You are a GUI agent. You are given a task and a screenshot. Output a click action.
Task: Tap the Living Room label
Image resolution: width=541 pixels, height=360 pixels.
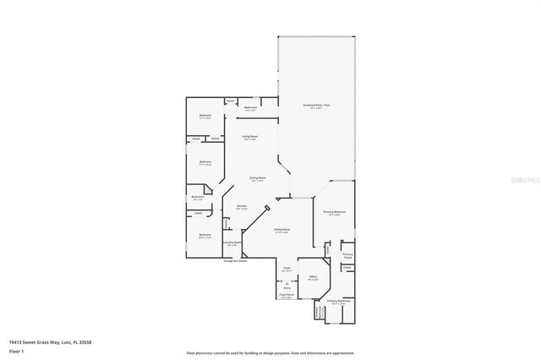(x=250, y=137)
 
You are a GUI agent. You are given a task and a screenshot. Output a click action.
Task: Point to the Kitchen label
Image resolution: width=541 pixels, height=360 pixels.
(x=241, y=207)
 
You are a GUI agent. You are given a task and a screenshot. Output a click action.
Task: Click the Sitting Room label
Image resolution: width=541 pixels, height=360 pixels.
(x=282, y=230)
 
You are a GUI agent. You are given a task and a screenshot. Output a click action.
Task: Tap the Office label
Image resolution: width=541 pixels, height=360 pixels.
(x=312, y=277)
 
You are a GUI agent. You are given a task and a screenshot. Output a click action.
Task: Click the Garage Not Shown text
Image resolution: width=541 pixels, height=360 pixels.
(x=235, y=261)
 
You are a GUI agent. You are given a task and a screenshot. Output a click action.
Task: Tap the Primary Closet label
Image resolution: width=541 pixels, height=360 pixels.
(x=347, y=255)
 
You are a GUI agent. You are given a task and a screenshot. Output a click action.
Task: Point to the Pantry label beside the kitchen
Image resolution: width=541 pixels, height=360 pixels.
(x=227, y=224)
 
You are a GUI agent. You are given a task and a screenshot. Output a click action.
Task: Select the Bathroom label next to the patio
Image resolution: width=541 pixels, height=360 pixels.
(x=250, y=108)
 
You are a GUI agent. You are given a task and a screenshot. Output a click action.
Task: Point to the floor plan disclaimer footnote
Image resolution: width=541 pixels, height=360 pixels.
(x=270, y=352)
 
